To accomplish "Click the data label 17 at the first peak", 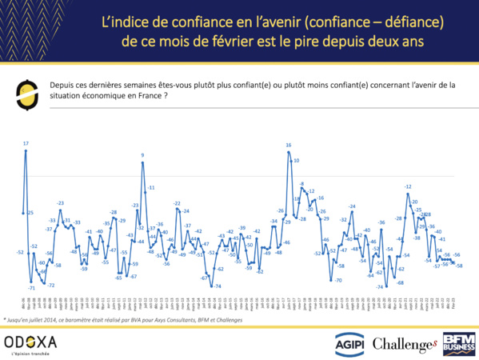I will click(x=26, y=144).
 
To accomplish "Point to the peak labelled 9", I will click(x=143, y=155).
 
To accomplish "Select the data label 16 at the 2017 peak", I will click(x=289, y=145).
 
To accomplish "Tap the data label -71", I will click(x=31, y=288).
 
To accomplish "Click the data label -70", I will click(x=338, y=280).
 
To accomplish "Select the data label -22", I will click(x=178, y=204).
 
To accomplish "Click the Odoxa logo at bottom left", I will click(x=30, y=343).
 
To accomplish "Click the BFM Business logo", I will click(x=460, y=342).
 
